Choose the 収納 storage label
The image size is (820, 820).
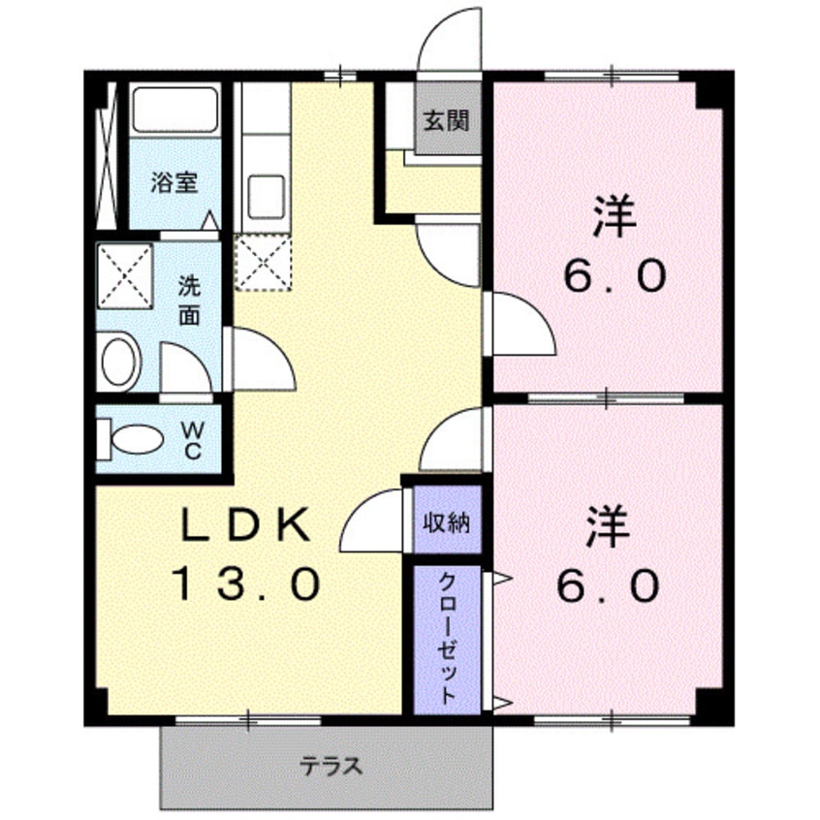pos(447,522)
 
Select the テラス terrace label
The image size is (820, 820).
pos(330,768)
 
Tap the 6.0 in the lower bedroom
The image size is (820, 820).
pos(609,584)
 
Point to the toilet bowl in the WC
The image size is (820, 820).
pos(135,439)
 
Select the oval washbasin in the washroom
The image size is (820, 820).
pos(120,363)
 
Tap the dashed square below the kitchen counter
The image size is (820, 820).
pos(264,261)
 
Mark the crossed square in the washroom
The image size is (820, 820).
pos(125,275)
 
